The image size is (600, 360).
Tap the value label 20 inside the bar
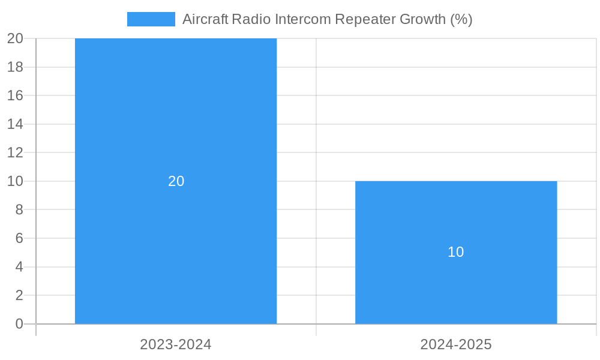[x=176, y=181]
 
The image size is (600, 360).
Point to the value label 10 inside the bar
[x=456, y=252]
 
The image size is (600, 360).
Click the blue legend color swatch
[x=151, y=19]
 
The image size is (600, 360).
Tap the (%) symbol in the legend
[x=461, y=19]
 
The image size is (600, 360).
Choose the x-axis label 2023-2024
[x=176, y=345]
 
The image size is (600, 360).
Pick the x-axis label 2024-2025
[x=456, y=345]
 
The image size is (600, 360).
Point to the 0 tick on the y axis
[x=19, y=324]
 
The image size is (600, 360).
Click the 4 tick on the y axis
[x=19, y=267]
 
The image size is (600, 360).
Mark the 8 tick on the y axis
[x=19, y=210]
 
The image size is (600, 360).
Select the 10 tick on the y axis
[x=15, y=181]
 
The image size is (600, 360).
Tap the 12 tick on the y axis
[x=15, y=153]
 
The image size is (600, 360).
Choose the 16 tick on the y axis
[x=15, y=96]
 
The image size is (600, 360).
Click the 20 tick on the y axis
[x=15, y=39]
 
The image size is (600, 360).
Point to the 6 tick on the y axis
[x=19, y=238]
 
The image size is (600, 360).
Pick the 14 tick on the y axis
[x=15, y=124]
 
